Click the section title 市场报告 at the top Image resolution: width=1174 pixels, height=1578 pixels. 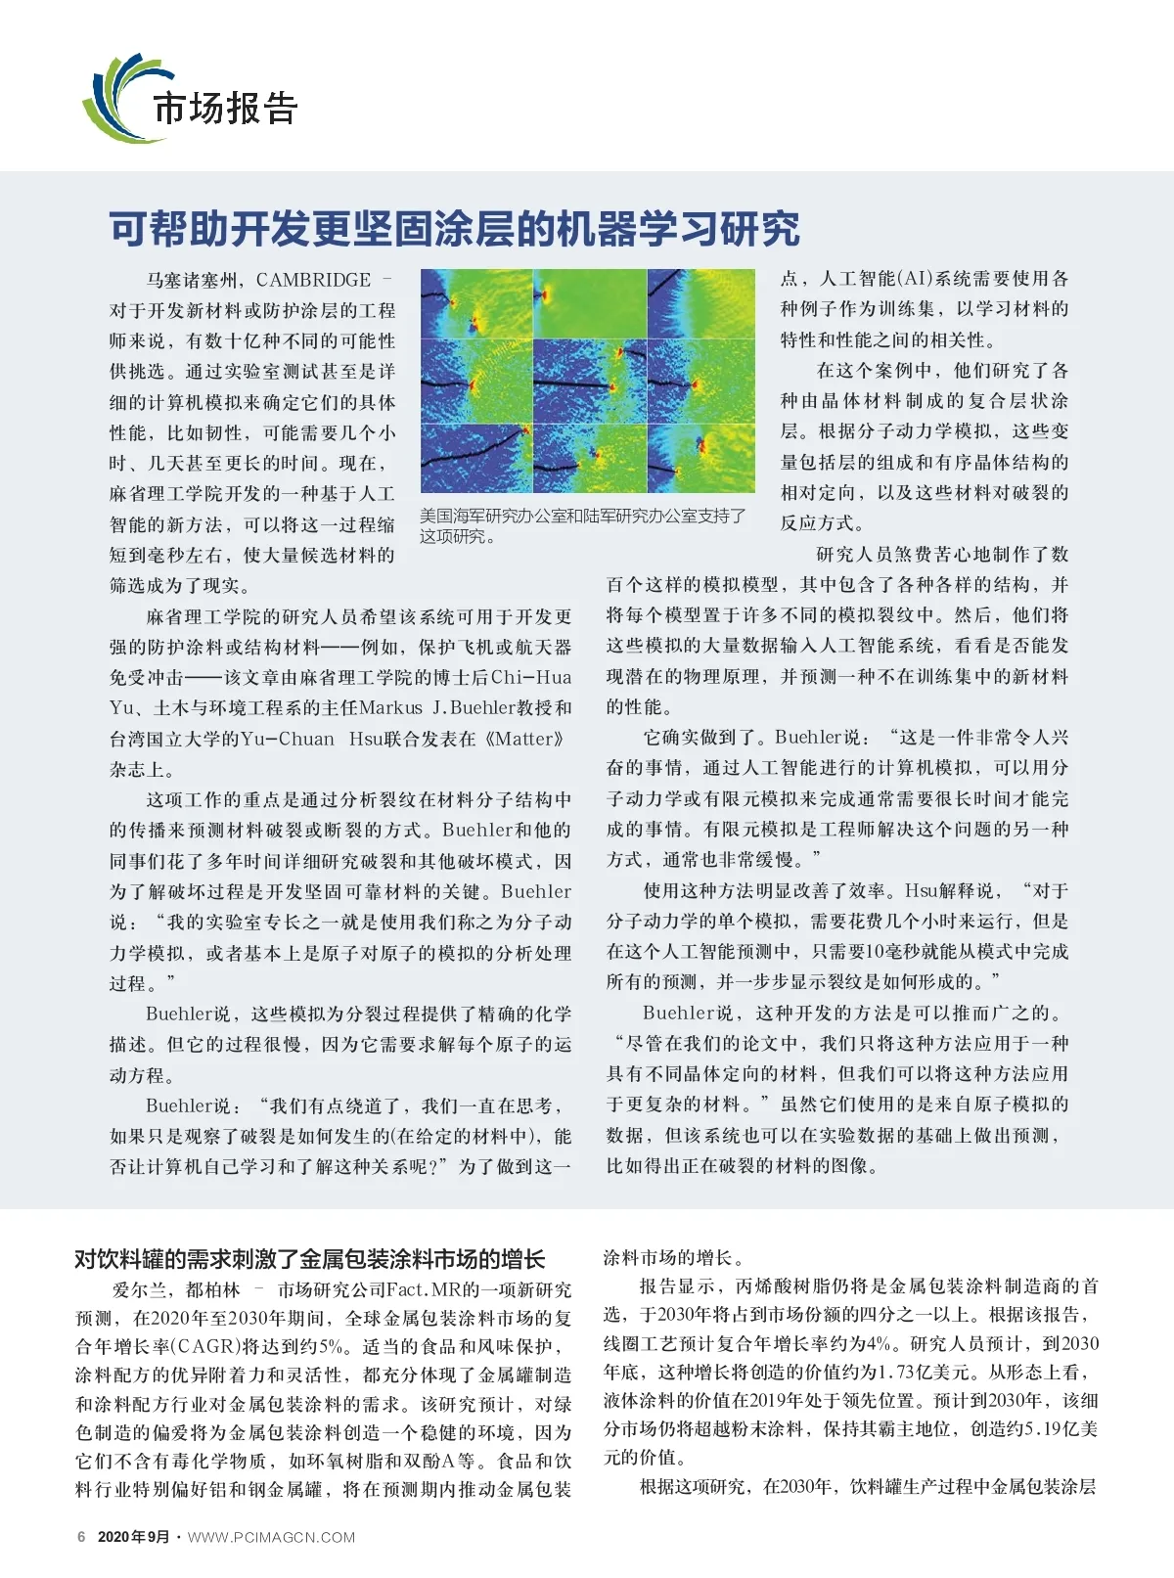[x=225, y=108]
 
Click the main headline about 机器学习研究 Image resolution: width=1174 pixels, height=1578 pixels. [x=454, y=229]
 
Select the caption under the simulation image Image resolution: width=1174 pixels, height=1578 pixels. [x=583, y=525]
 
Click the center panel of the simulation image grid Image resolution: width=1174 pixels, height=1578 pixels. [x=589, y=382]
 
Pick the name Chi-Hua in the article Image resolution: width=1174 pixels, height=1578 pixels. [x=531, y=677]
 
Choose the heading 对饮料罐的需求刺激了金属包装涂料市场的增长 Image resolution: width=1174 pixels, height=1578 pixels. [x=310, y=1259]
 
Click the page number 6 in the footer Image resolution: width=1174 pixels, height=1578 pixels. [x=81, y=1537]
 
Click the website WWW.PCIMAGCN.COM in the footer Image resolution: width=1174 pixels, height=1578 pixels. [x=271, y=1537]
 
